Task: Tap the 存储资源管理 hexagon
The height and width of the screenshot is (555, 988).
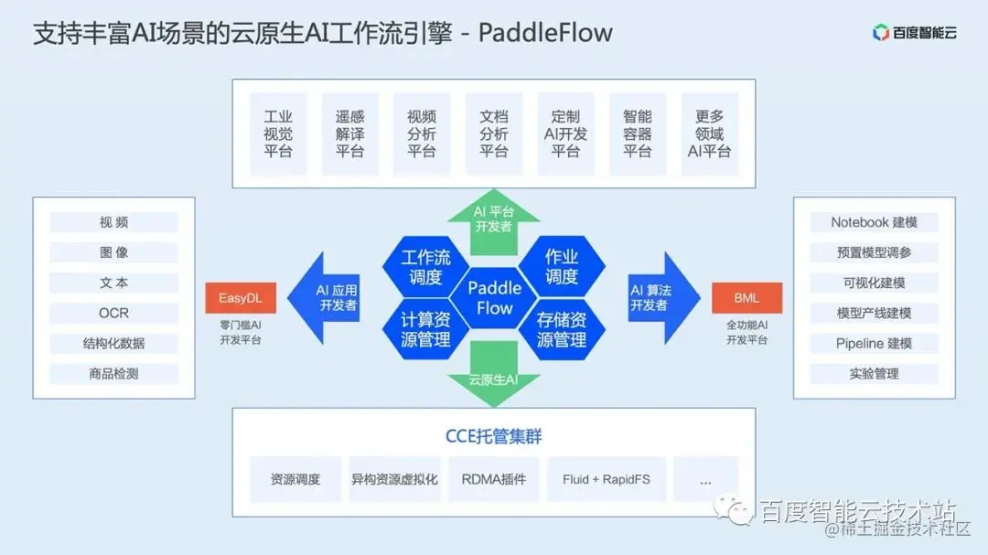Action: coord(562,329)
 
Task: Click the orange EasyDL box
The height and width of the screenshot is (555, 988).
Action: coord(241,298)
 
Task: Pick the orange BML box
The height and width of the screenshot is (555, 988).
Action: coord(746,298)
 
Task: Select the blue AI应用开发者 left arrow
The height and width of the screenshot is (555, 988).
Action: coord(329,298)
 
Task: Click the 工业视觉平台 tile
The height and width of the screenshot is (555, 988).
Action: coord(278,133)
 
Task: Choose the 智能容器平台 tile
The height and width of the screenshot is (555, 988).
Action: coord(638,133)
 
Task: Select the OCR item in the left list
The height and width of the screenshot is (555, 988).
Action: coord(113,313)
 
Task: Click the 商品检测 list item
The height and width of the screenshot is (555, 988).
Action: coord(113,373)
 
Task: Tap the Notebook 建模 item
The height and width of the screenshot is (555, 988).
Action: coord(874,222)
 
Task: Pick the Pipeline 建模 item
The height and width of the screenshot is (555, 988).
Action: coord(874,343)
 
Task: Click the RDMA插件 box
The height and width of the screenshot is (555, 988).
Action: coord(494,479)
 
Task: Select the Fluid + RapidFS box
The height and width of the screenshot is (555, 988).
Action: coord(606,479)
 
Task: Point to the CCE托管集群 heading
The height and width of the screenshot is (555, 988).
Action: coord(494,436)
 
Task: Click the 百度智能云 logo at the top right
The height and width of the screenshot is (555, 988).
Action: coord(914,33)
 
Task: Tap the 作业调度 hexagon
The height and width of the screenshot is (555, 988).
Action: coord(562,266)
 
